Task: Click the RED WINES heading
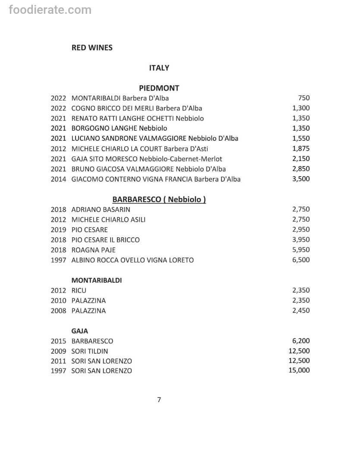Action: point(92,48)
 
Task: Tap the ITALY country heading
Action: point(159,68)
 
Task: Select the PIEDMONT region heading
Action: point(159,88)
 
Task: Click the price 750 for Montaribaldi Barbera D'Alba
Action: point(303,98)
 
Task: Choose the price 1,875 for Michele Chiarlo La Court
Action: point(301,149)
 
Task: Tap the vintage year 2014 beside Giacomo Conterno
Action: point(58,179)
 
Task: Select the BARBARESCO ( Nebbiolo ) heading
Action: point(159,199)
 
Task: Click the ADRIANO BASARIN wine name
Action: point(101,210)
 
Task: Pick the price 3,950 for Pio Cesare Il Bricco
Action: point(301,240)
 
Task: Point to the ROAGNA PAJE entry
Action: point(93,250)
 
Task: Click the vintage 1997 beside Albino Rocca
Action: point(58,260)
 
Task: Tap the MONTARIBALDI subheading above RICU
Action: point(96,280)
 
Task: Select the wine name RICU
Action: point(79,290)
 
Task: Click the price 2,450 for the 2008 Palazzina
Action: point(301,311)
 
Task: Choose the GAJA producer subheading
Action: point(79,331)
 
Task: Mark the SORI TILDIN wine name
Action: point(90,351)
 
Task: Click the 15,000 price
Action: point(299,370)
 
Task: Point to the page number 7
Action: point(159,400)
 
